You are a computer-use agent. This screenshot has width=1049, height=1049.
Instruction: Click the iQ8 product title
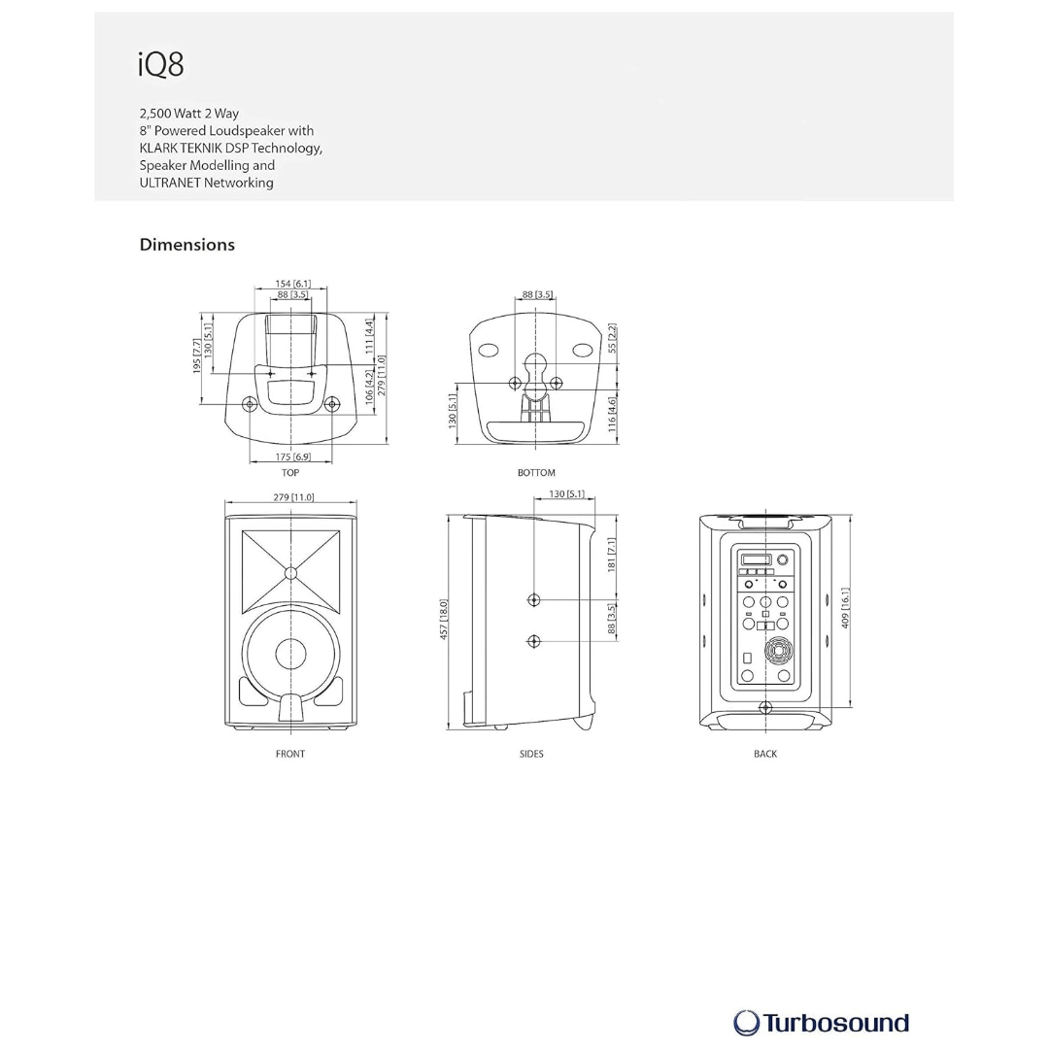(160, 64)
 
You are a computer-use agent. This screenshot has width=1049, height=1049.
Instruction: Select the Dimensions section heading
(187, 245)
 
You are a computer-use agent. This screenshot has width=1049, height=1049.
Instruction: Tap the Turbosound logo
(821, 1024)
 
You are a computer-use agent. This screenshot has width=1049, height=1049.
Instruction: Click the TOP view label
(290, 472)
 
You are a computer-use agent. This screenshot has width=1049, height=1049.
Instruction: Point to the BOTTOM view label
(536, 472)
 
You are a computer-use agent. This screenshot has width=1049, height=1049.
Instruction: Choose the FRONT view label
(290, 754)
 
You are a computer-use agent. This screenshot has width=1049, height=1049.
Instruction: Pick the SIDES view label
(532, 754)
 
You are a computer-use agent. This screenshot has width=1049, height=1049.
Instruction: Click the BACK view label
(765, 754)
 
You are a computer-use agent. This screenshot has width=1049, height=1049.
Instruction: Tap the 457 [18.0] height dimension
(444, 620)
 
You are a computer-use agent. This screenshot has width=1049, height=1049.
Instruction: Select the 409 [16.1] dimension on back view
(845, 608)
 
